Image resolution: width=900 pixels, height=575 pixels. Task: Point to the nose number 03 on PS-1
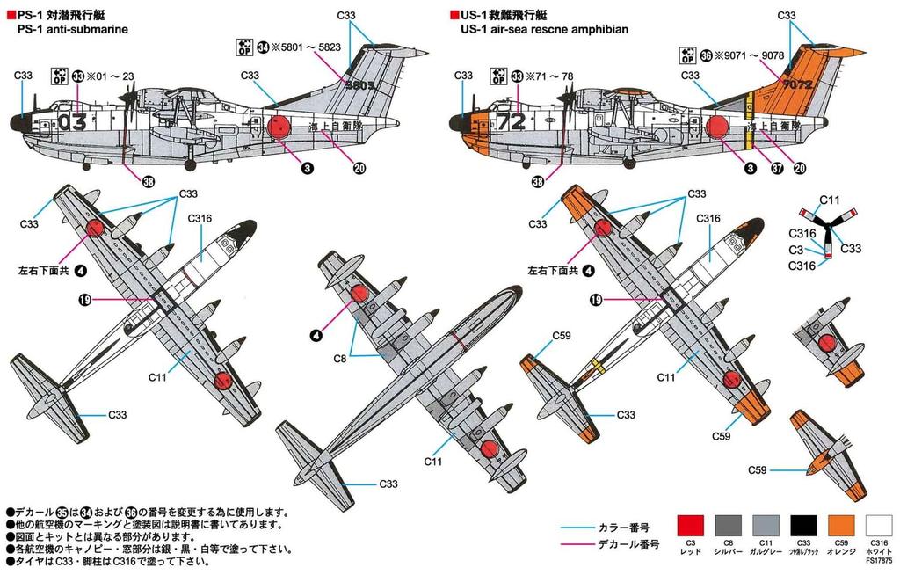coord(71,121)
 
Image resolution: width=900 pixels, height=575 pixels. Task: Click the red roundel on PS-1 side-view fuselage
coord(279,129)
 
